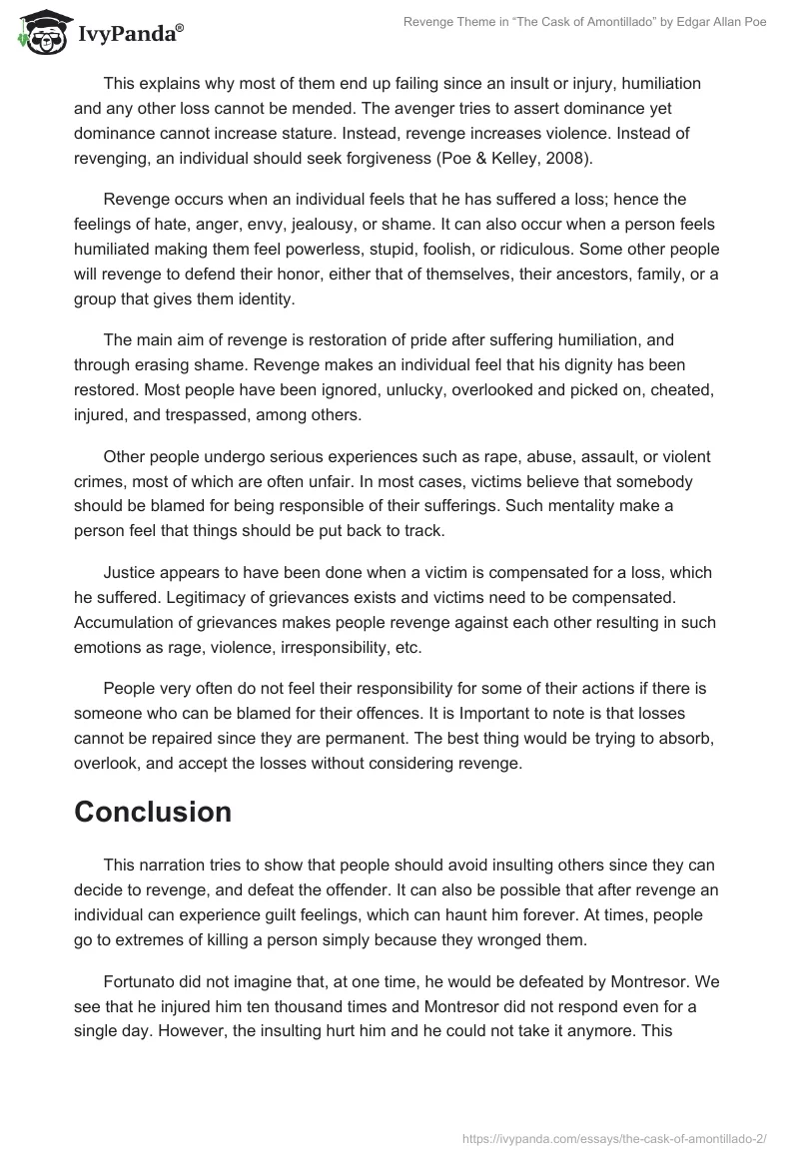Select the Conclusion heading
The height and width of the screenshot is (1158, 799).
click(x=153, y=812)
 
